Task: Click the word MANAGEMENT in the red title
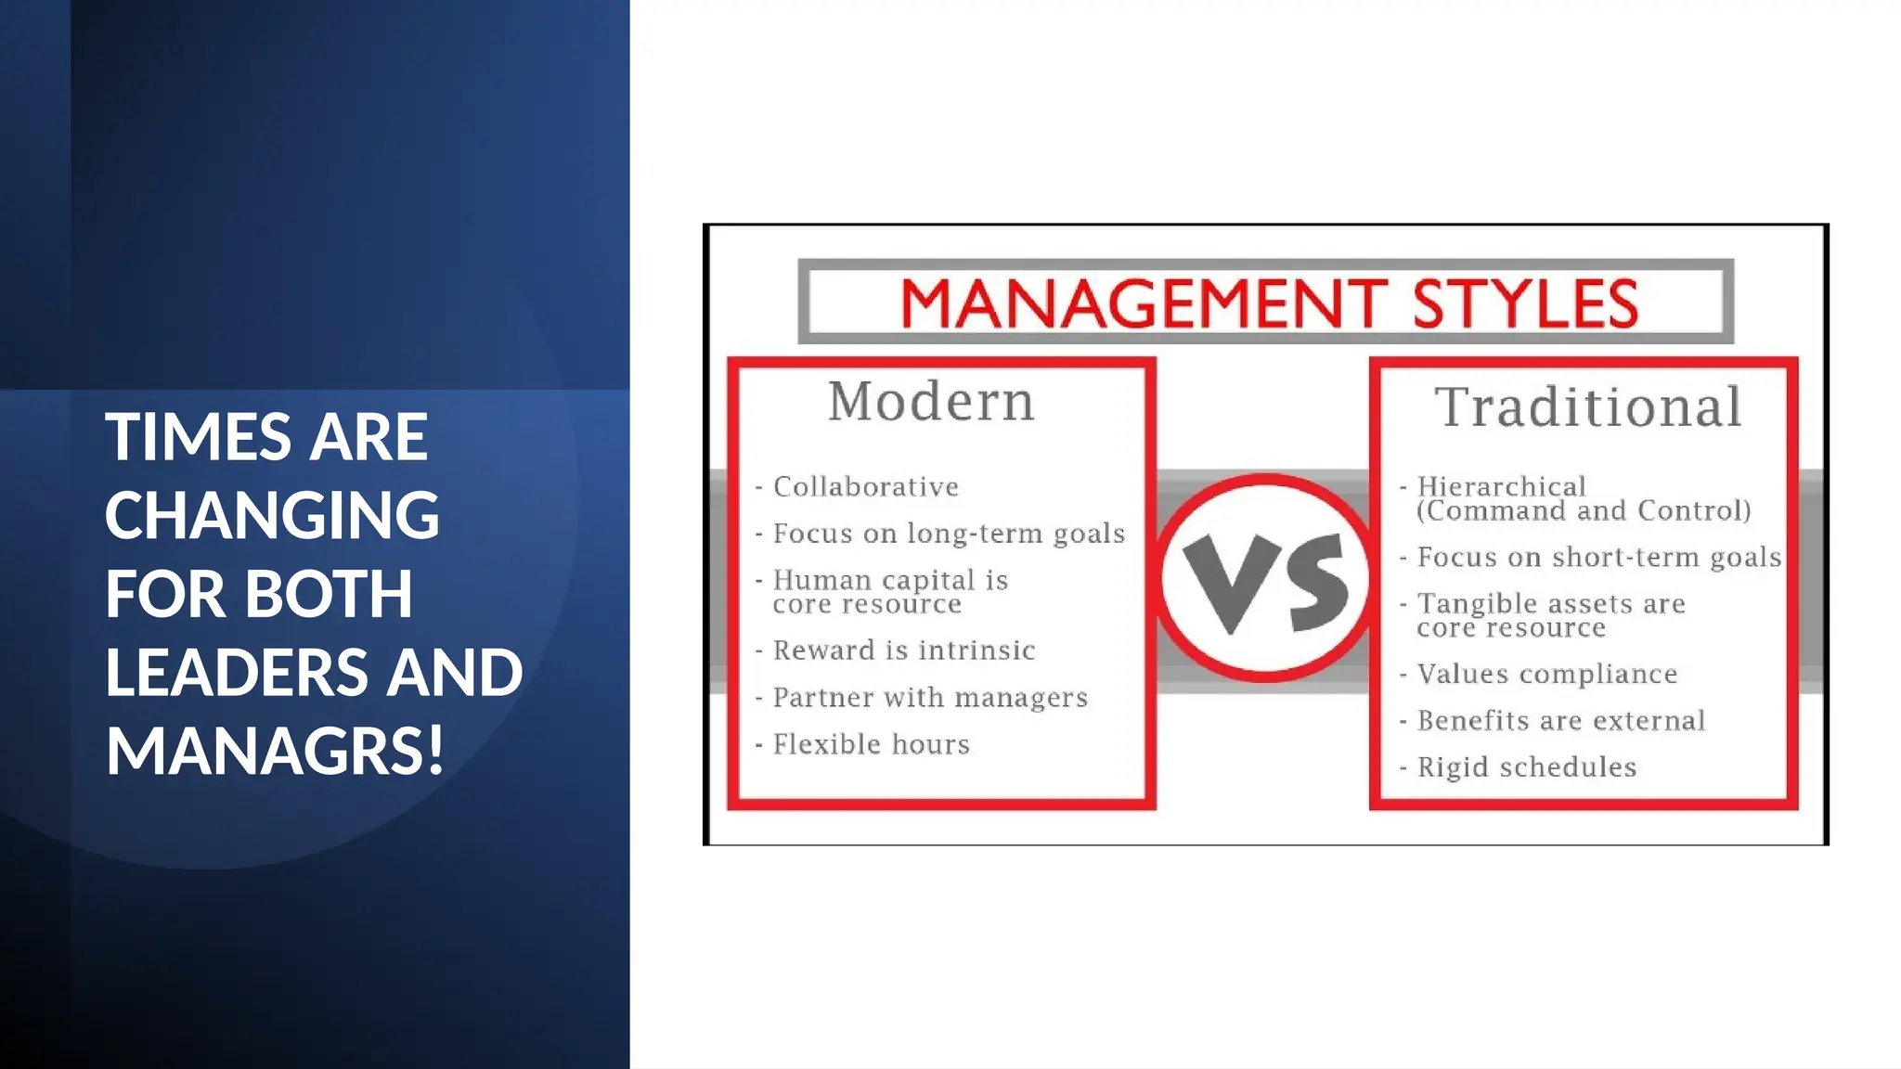[x=1143, y=303]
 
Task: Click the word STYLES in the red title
[x=1525, y=303]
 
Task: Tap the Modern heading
[x=931, y=402]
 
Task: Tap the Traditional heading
[x=1588, y=407]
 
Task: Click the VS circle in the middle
[x=1264, y=579]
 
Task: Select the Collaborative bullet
[x=865, y=487]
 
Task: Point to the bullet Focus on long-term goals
[x=948, y=534]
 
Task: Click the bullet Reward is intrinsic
[x=903, y=650]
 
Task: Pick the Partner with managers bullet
[x=929, y=698]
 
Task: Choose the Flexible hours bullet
[x=871, y=744]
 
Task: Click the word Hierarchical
[x=1501, y=486]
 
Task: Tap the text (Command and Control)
[x=1584, y=510]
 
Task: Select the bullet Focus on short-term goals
[x=1598, y=557]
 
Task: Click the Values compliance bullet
[x=1546, y=674]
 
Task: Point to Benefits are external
[x=1560, y=721]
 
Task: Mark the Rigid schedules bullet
[x=1526, y=767]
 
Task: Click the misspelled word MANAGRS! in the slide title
[x=275, y=751]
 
